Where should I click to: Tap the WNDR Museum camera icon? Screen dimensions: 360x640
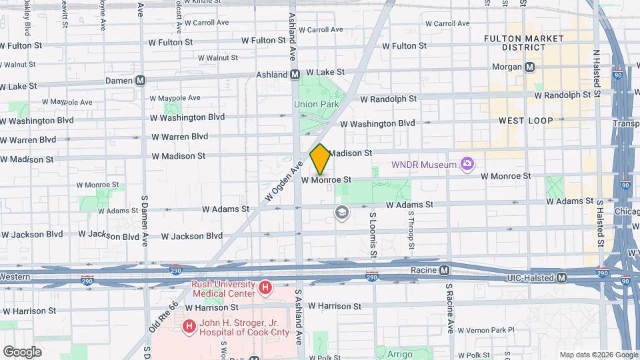tap(467, 164)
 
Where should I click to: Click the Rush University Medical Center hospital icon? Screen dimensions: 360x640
tap(265, 288)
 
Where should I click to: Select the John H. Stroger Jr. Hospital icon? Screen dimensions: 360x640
tap(189, 326)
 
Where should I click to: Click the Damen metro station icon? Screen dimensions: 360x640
tap(140, 80)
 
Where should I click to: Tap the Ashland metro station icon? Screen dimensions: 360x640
tap(295, 75)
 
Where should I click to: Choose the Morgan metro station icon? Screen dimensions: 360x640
tap(530, 67)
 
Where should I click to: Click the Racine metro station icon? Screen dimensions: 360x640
tap(444, 270)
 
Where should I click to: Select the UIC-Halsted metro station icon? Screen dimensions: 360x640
tap(562, 277)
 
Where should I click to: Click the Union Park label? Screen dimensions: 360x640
tap(317, 104)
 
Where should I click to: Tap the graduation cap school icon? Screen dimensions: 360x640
tap(343, 213)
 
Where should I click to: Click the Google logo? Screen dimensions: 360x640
tap(21, 351)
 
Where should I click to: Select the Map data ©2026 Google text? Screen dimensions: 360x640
tap(598, 355)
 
